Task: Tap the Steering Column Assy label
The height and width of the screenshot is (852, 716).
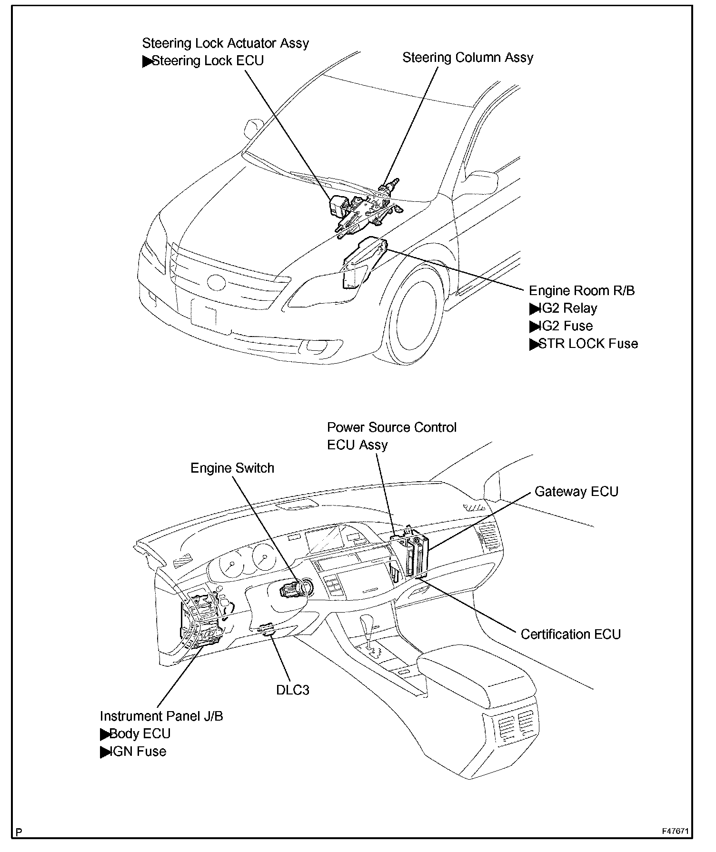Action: tap(467, 58)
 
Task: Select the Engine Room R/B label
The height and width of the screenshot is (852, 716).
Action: tap(582, 291)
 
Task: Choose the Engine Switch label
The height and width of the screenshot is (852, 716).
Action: tap(232, 468)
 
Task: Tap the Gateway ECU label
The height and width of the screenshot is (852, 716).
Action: tap(576, 491)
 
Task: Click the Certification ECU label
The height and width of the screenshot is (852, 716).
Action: tap(570, 634)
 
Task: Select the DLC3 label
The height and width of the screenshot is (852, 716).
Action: tap(293, 690)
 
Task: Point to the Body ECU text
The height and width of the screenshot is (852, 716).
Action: tap(139, 733)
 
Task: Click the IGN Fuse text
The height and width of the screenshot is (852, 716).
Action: tap(138, 751)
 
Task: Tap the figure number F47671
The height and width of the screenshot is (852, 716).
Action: tap(676, 831)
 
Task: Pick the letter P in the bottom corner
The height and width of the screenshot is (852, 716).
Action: tap(19, 832)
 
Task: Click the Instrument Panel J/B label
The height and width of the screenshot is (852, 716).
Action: tap(161, 716)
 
